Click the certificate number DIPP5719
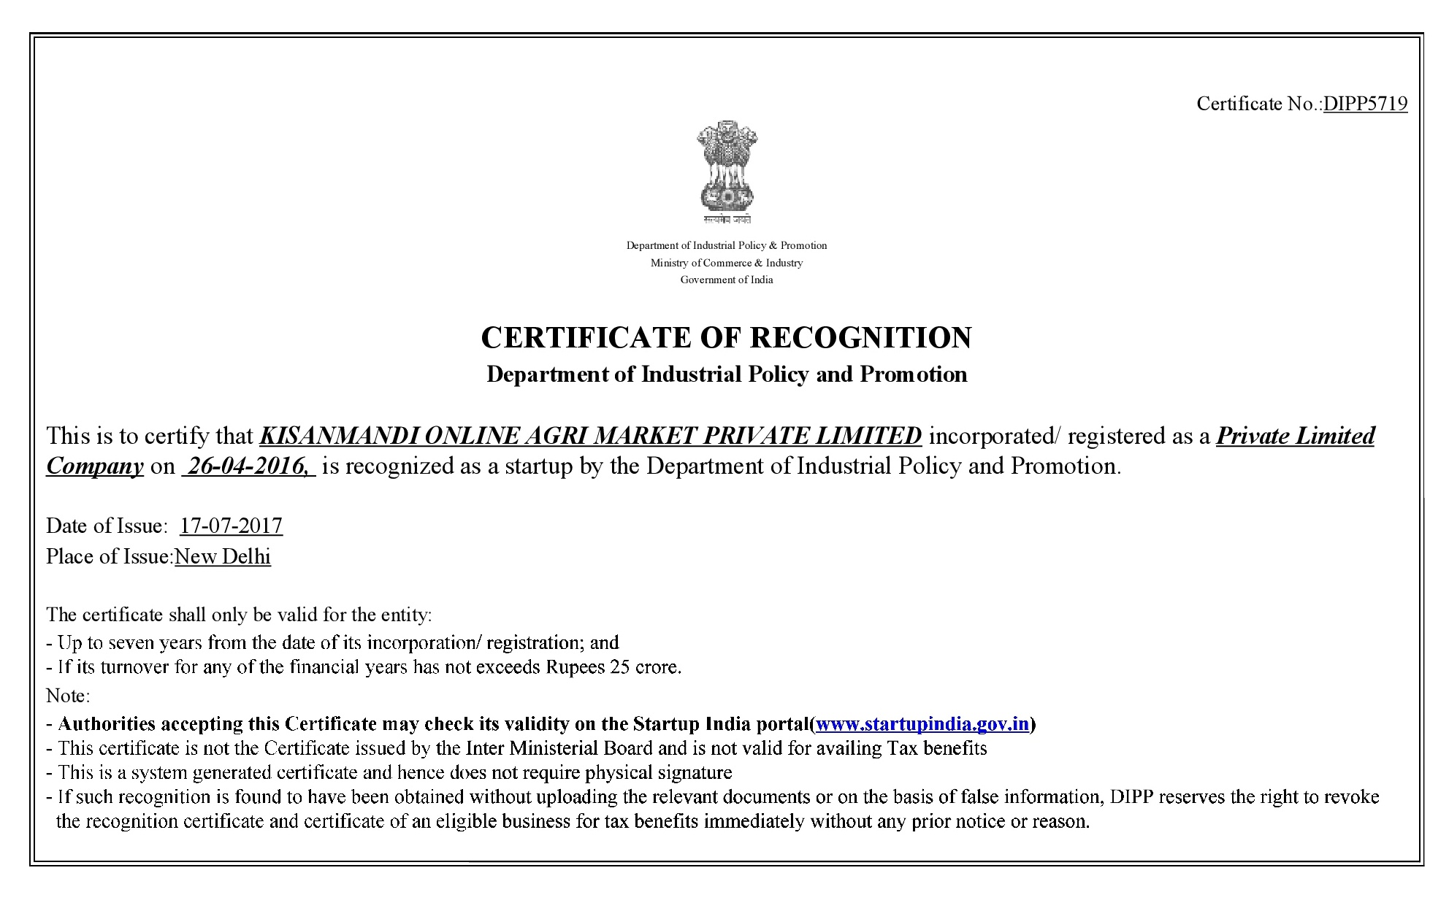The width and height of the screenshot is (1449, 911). coord(1365,104)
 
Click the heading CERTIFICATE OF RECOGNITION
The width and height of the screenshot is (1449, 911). coord(726,337)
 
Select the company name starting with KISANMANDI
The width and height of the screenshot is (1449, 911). coord(590,436)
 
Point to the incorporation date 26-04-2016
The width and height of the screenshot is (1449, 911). coord(248,466)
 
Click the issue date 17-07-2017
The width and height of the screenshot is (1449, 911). coord(231,526)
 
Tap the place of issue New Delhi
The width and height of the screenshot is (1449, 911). coord(223,556)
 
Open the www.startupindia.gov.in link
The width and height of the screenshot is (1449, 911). coord(922,723)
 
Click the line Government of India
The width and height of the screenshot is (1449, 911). coord(726,280)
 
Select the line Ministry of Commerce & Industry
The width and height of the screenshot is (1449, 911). coord(726,263)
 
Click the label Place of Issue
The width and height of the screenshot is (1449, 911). coord(110,556)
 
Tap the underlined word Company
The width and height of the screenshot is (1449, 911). coord(95,466)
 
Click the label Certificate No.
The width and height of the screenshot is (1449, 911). coord(1258,104)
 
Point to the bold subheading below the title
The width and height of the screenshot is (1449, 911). coord(726,374)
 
